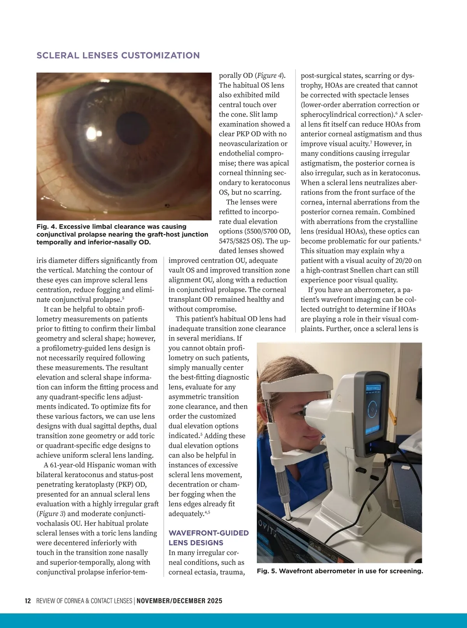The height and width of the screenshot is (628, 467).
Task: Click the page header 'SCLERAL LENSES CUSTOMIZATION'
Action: point(118,55)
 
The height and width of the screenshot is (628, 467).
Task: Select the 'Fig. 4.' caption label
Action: point(47,227)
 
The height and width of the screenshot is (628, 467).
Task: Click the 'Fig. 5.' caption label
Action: point(267,571)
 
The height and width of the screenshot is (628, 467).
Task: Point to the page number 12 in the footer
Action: point(28,601)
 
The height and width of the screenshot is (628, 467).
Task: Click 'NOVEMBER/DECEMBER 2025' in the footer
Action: point(179,601)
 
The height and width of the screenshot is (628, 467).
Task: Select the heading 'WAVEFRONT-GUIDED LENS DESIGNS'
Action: point(208,538)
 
